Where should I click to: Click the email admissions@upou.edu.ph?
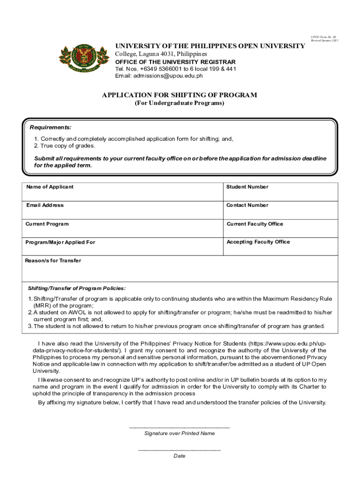[159, 75]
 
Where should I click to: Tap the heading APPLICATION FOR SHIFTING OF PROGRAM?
[180, 95]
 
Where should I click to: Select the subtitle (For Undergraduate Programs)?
[180, 103]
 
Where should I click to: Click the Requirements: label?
[50, 127]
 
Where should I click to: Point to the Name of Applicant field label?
[50, 187]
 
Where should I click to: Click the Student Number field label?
[247, 187]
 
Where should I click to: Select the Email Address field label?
[45, 205]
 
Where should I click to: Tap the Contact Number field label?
[247, 205]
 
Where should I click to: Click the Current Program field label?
[47, 224]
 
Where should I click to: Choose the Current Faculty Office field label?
[255, 224]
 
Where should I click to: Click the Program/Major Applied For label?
[60, 242]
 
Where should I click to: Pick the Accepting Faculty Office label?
[258, 242]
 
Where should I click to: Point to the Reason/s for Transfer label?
[53, 261]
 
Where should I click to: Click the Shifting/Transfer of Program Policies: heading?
[77, 288]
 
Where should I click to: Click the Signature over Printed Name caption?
[180, 433]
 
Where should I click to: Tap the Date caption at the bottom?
[180, 456]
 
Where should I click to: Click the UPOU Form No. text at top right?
[323, 36]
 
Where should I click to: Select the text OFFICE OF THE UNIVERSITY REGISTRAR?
[175, 62]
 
